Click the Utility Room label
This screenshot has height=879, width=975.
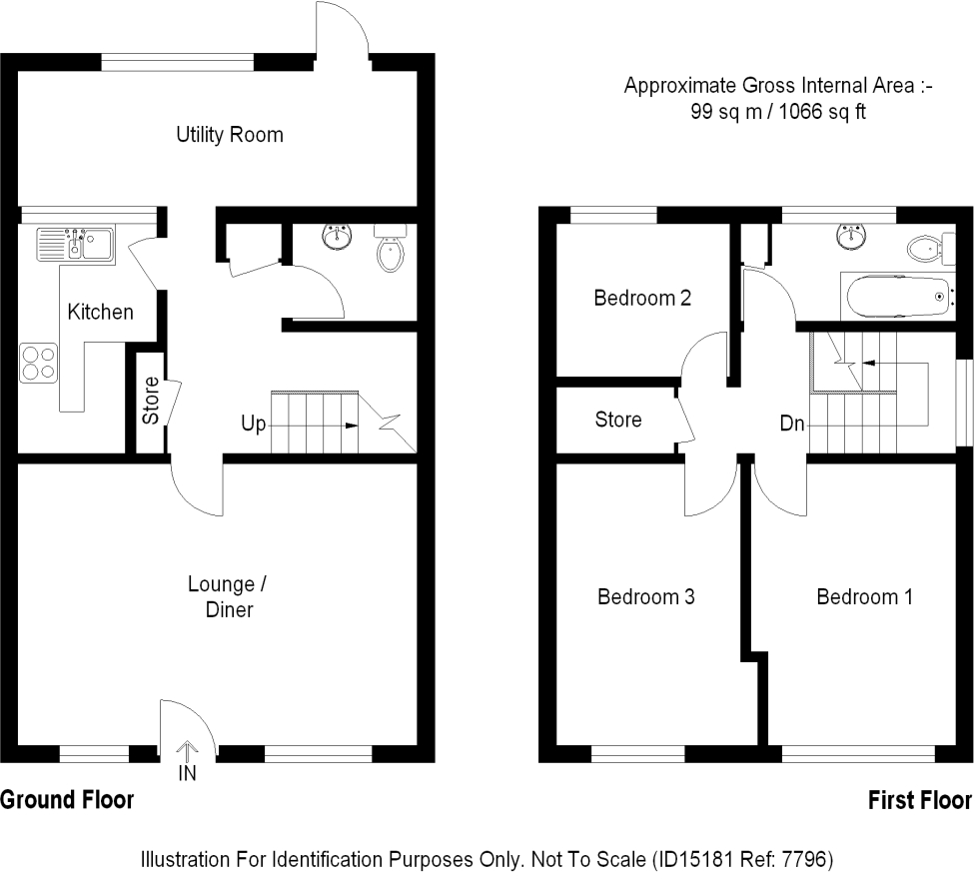coord(230,135)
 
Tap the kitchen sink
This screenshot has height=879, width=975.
coord(76,243)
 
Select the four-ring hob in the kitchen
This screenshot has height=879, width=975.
coord(37,362)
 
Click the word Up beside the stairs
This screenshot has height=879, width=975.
coord(253,425)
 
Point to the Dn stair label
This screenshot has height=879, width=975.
coord(792,424)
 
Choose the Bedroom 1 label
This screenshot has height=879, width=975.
coord(864,597)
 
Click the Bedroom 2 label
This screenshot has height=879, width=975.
coord(642,298)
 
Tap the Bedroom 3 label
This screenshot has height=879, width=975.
coord(645,597)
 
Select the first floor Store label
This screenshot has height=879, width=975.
coord(617,420)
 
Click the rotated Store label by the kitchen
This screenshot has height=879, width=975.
coord(150,401)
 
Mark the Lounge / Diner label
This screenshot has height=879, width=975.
coord(229,596)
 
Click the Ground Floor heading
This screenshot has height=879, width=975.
coord(66,800)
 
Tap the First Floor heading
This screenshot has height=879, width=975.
coord(919,800)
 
